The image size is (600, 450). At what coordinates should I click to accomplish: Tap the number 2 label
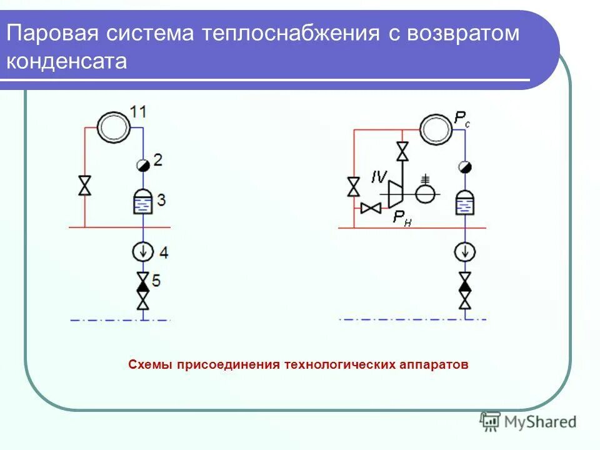click(x=157, y=161)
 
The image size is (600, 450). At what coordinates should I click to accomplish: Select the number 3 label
click(x=161, y=201)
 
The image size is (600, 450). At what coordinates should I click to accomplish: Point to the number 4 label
click(x=164, y=252)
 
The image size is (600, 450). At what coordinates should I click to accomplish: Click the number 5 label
click(x=156, y=281)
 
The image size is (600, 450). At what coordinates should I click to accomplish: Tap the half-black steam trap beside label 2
click(x=142, y=165)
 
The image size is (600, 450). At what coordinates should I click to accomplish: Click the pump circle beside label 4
click(x=143, y=251)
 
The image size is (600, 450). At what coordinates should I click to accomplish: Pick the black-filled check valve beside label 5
click(x=143, y=286)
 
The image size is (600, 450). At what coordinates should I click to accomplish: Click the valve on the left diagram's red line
click(x=84, y=186)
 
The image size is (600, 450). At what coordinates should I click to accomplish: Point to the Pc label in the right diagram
click(x=461, y=119)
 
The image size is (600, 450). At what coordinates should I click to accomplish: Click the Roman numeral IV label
click(x=379, y=177)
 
